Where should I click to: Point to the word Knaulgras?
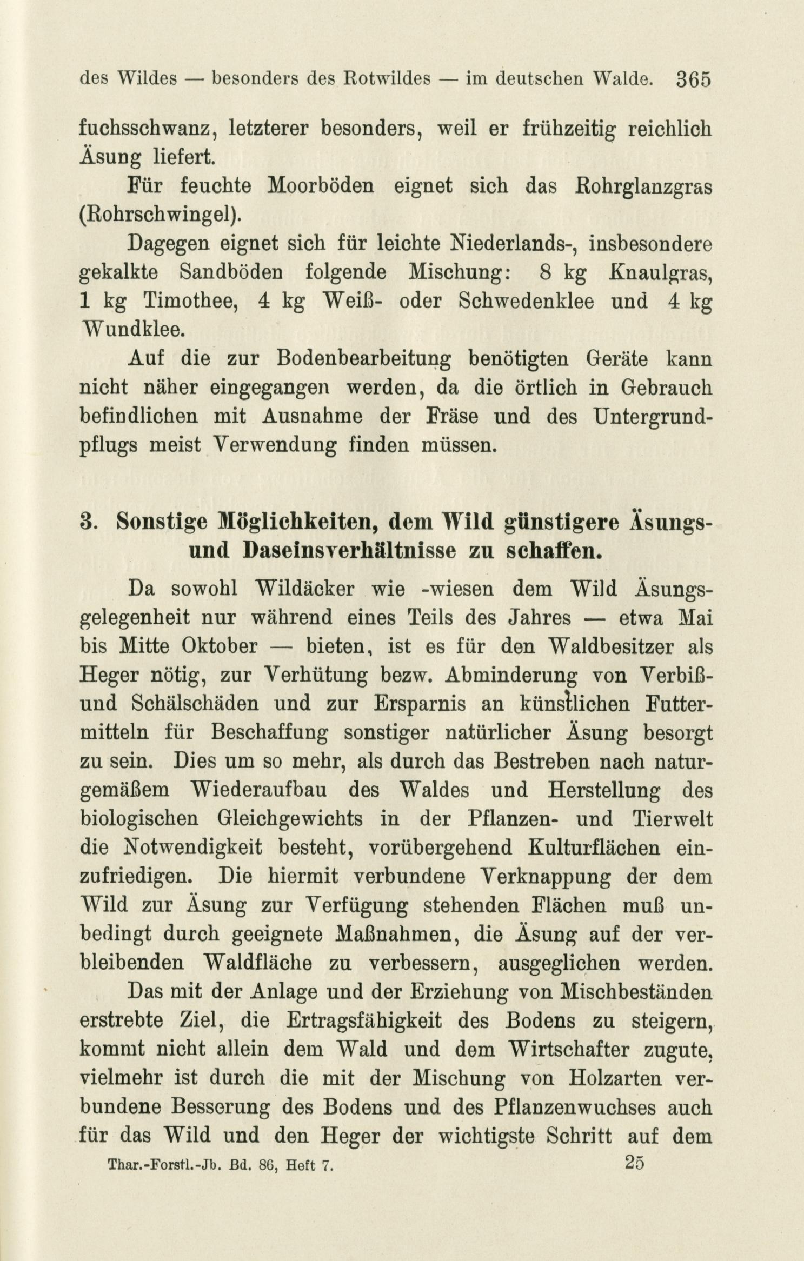(660, 272)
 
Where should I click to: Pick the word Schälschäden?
(197, 704)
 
